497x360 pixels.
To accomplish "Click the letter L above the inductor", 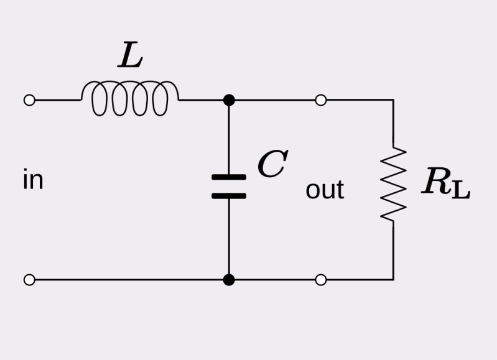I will click(x=130, y=57).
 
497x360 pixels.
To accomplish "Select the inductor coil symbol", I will click(x=130, y=99).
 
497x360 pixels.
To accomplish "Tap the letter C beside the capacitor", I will click(x=272, y=165).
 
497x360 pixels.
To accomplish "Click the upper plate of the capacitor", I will click(x=229, y=177).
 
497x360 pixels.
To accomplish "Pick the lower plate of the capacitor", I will click(x=229, y=196).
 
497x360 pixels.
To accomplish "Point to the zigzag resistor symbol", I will click(x=393, y=184).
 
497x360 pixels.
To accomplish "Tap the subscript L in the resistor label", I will click(x=460, y=190).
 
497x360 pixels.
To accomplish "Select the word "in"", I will click(x=33, y=180).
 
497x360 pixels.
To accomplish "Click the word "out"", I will click(x=325, y=190).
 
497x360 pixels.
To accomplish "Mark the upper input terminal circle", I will click(x=29, y=100).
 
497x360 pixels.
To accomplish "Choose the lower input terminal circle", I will click(x=29, y=280).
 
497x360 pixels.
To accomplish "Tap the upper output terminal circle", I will click(x=321, y=100).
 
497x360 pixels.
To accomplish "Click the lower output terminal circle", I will click(x=321, y=280).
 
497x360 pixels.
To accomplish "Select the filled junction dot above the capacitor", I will click(x=229, y=100).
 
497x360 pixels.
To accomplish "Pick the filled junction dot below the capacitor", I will click(x=229, y=280).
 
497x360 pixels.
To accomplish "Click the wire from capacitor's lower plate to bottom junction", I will click(x=229, y=236).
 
